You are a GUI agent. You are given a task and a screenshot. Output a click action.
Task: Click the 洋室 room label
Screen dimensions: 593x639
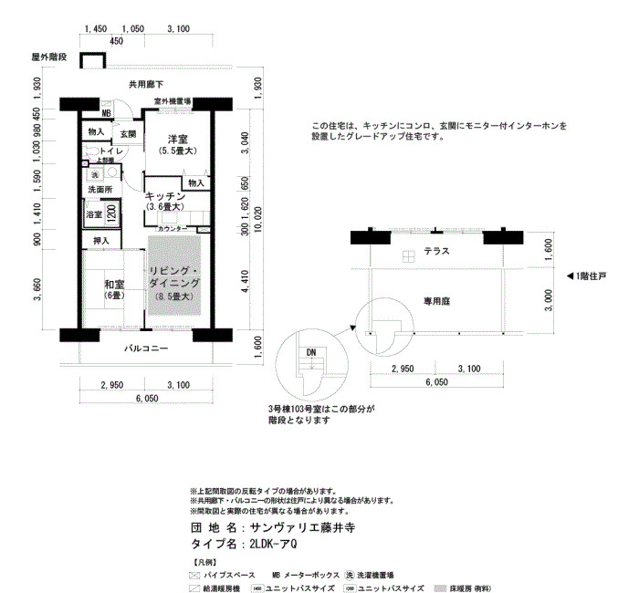[x=177, y=139]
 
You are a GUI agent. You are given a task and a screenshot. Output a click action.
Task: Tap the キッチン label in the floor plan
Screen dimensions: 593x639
[x=166, y=196]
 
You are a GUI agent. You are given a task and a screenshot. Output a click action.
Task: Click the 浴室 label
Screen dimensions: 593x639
[x=93, y=215]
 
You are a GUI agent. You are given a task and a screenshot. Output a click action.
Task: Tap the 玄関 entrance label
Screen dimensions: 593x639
[x=128, y=134]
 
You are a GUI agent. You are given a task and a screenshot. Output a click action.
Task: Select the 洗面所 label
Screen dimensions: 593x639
[x=100, y=189]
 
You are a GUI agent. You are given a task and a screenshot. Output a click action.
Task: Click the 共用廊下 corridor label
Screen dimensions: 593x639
[x=146, y=85]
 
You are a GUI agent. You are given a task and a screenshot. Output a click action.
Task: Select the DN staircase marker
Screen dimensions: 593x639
[x=311, y=352]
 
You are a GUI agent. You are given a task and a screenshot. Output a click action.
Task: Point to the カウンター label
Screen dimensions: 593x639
[x=173, y=228]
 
